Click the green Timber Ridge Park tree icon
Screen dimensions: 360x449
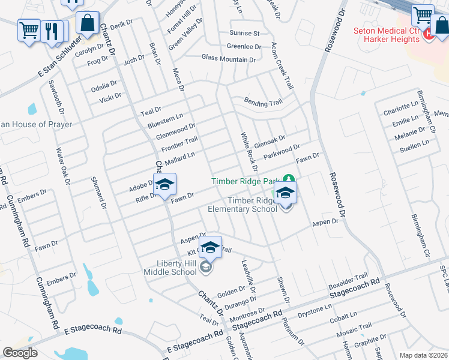[x=289, y=179]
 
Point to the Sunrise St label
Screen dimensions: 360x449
[x=244, y=33]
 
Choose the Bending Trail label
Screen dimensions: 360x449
[x=262, y=103]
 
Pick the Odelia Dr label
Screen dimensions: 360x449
[x=104, y=84]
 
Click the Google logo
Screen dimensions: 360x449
[x=20, y=353]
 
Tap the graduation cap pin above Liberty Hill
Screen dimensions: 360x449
[x=210, y=247]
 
